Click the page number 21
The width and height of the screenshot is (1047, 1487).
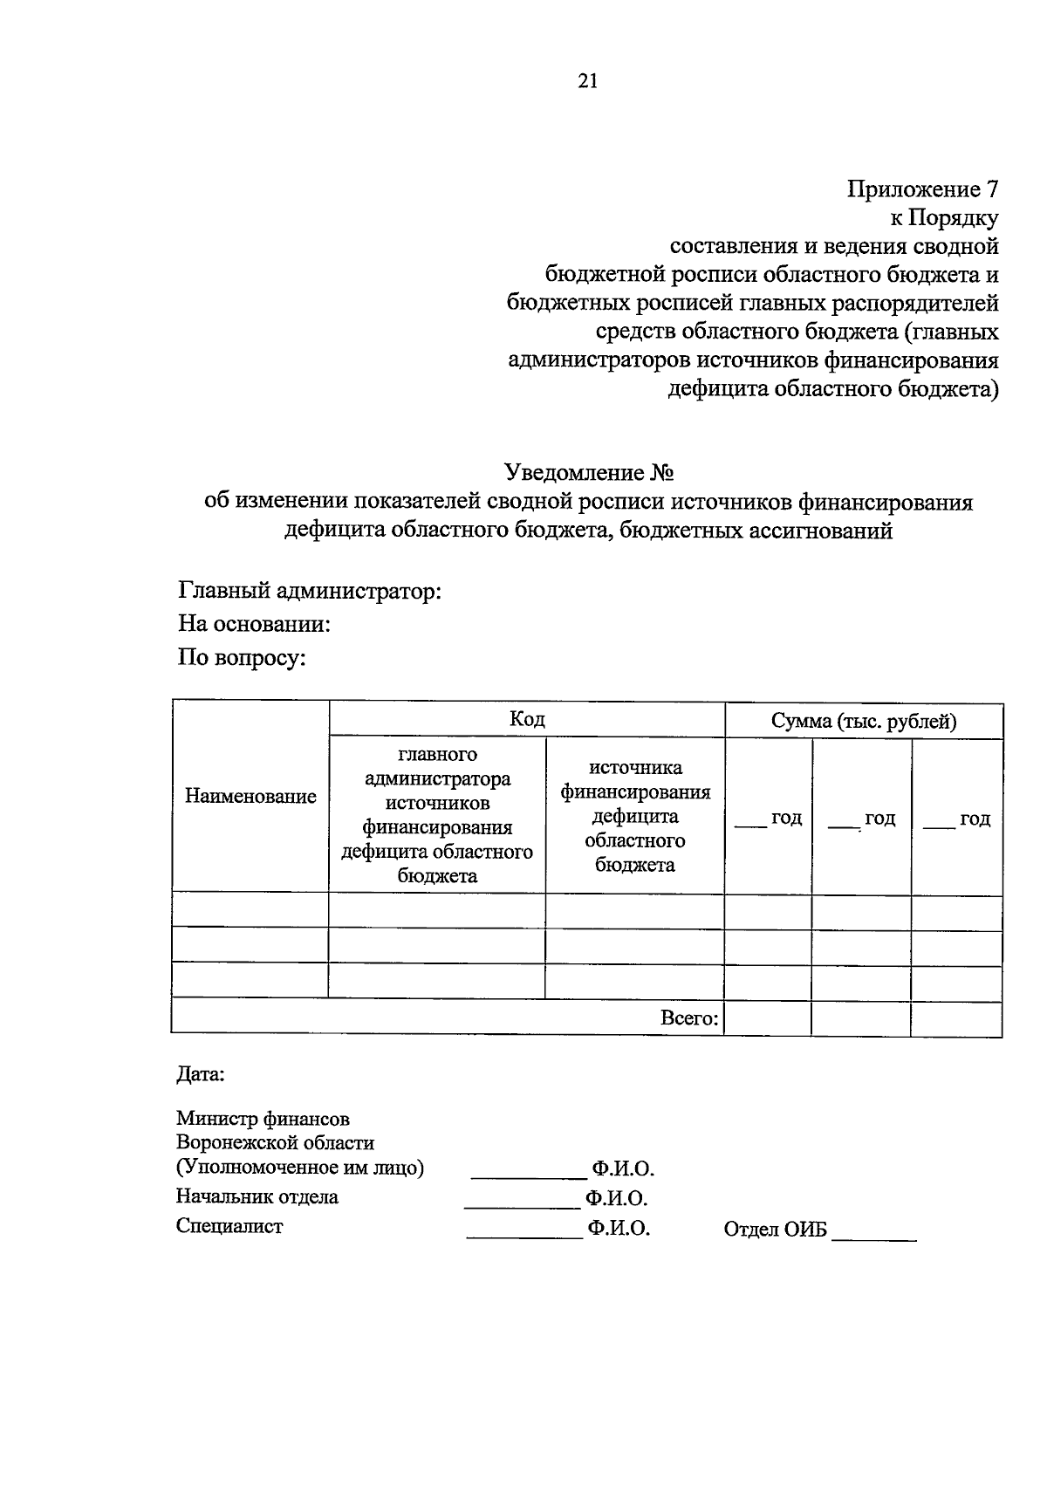pos(587,81)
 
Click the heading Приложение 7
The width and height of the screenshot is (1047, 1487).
pos(922,189)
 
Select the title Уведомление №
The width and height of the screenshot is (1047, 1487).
pos(590,473)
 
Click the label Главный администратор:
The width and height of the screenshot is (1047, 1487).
pos(310,592)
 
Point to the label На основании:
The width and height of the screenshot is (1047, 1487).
pos(254,624)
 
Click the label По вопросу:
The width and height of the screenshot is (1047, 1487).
pos(242,657)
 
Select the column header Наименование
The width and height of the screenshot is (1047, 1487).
pos(250,796)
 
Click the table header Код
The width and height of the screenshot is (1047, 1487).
pos(527,719)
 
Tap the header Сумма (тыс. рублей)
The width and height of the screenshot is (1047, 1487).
pos(864,721)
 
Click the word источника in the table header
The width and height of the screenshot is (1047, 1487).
pos(635,768)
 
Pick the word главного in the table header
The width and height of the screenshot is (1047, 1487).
pos(437,753)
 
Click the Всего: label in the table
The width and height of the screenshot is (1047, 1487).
pos(689,1018)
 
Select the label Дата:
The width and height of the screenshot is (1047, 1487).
pos(201,1074)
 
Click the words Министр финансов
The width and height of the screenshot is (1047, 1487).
pos(263,1118)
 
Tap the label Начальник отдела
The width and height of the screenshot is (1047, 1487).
pos(257,1196)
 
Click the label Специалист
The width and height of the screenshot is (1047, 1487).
pos(229,1225)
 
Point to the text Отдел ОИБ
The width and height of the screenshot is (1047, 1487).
pos(775,1230)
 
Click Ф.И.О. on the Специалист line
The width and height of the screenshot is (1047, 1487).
pos(619,1229)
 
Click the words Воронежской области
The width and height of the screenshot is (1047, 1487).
pos(275,1142)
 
